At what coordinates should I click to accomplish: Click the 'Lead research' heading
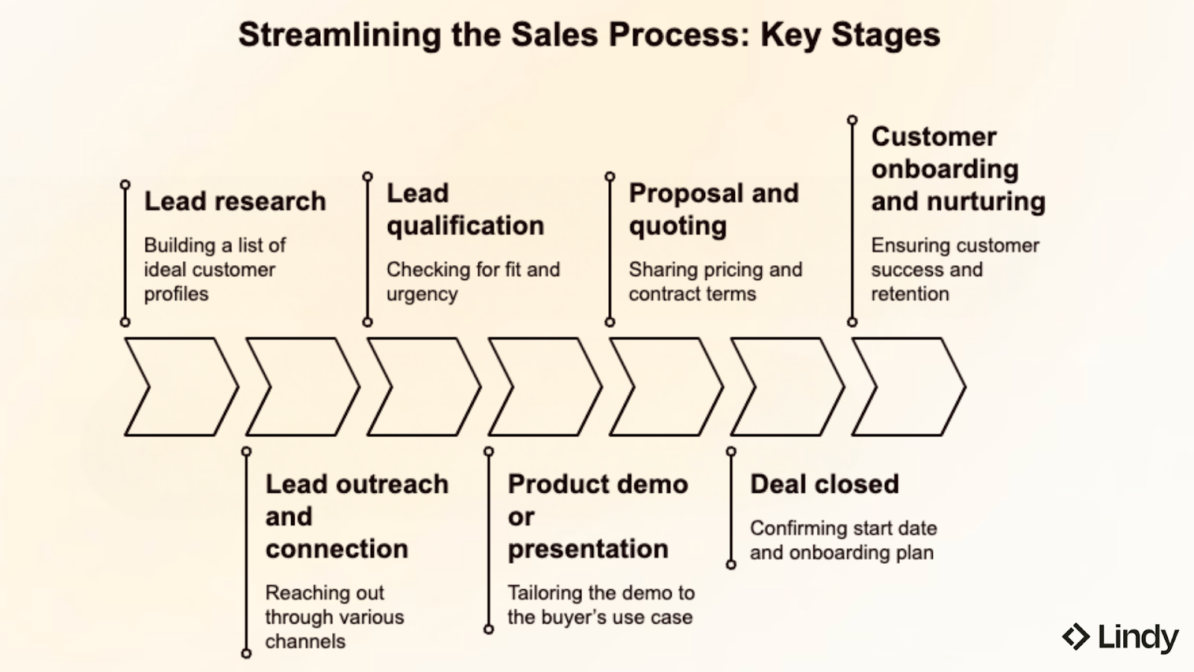(234, 201)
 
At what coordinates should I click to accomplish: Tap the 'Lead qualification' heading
(464, 209)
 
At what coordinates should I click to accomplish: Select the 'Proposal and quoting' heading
(713, 209)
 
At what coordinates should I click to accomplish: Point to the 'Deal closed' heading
(824, 484)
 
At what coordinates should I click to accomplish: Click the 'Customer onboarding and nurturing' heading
(957, 169)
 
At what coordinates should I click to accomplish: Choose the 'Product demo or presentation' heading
(597, 516)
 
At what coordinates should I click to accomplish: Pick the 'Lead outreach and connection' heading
(356, 516)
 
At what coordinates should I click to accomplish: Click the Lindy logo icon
(1075, 637)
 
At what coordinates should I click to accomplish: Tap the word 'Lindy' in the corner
(1137, 637)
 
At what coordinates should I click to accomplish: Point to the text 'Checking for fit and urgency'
(472, 281)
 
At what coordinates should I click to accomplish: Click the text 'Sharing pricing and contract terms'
(715, 281)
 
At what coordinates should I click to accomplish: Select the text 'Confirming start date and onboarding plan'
(843, 540)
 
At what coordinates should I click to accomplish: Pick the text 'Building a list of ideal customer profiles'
(214, 270)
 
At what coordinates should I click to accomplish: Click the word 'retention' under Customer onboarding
(910, 294)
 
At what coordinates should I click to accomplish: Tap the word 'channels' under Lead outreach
(305, 641)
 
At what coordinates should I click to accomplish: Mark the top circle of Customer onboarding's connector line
(852, 119)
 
